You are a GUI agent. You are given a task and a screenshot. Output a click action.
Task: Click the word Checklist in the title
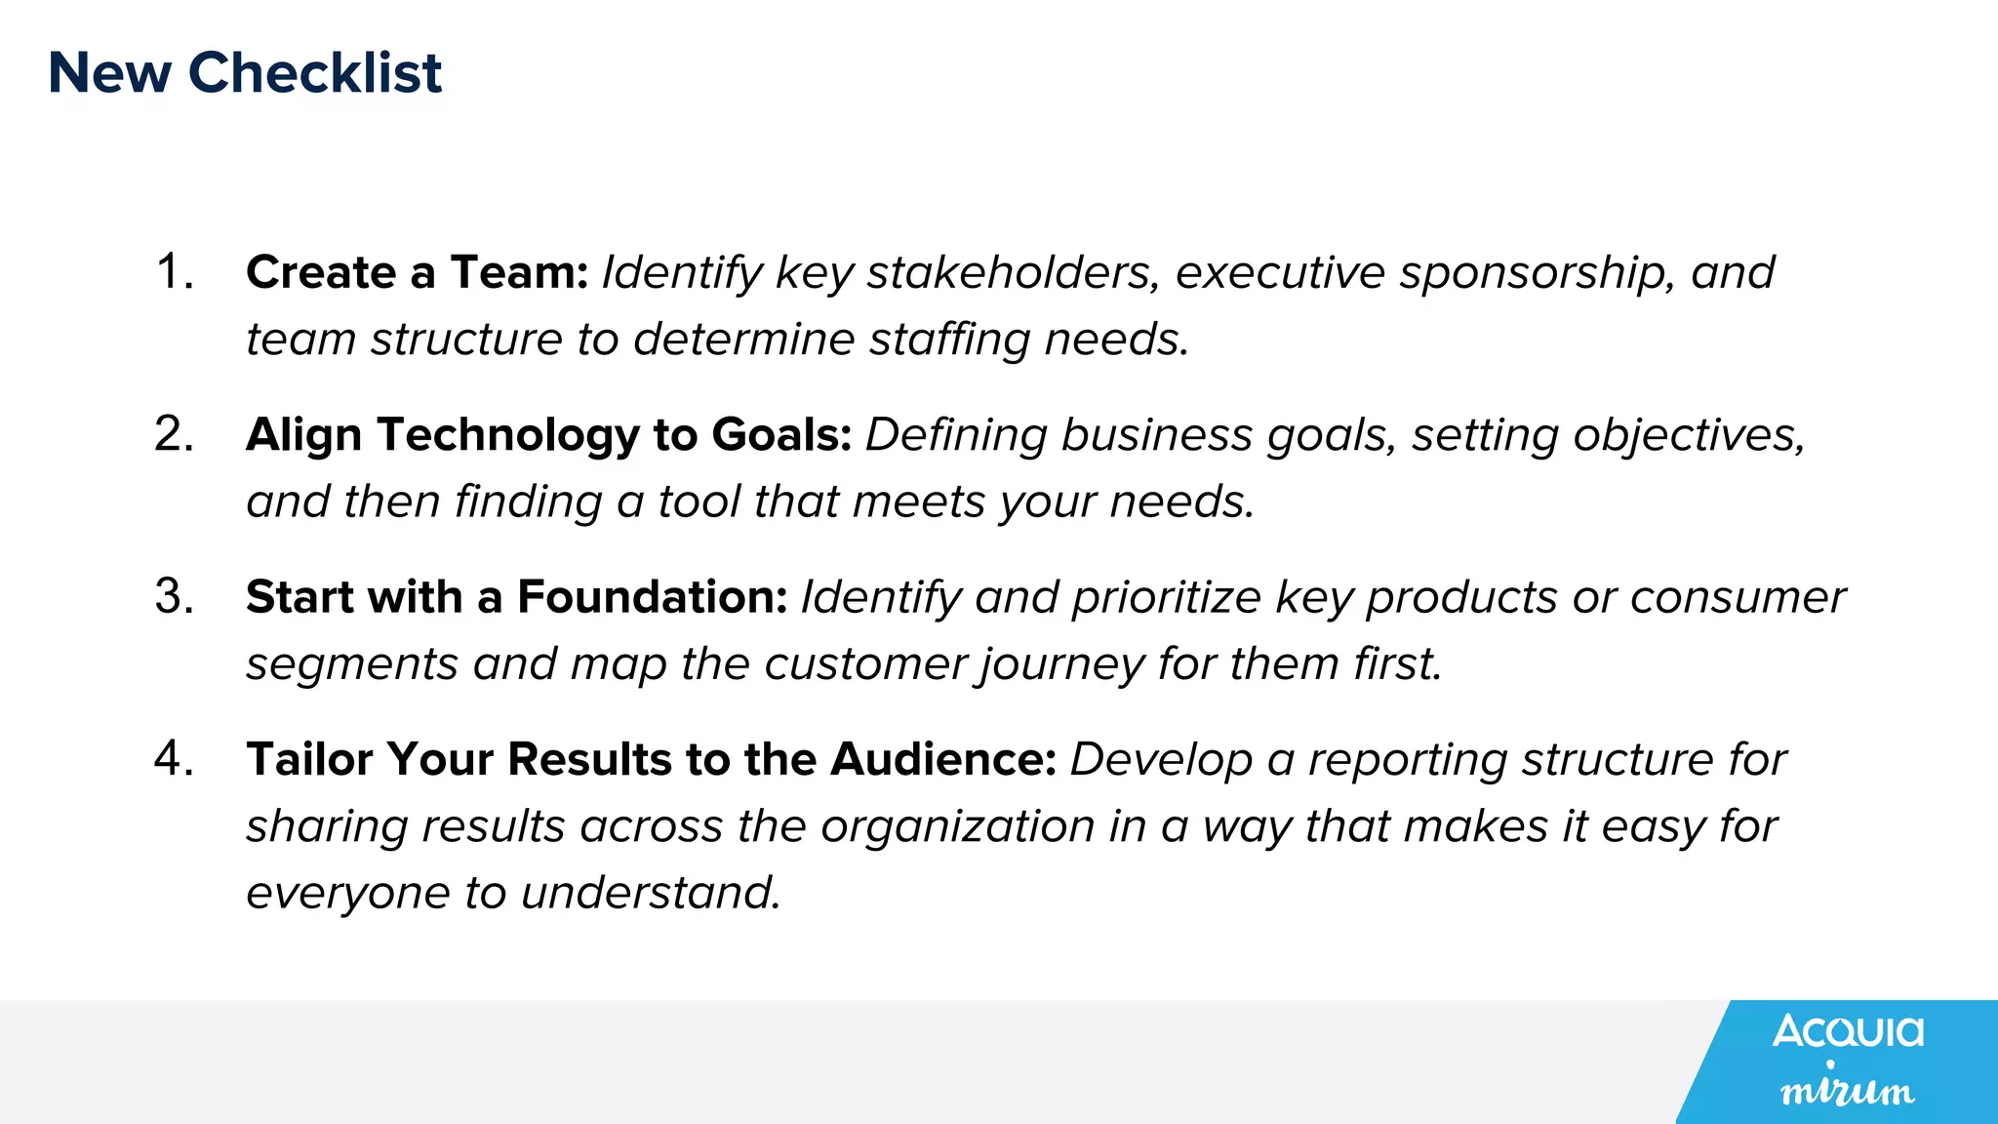[314, 73]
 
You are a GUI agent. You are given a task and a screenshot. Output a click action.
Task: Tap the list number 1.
[173, 271]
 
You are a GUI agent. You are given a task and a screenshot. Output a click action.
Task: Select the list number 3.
[173, 596]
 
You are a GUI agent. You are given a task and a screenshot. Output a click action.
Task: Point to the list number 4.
[173, 759]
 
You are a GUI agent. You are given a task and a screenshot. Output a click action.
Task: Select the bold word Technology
[507, 435]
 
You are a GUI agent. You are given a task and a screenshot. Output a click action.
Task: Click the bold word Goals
[781, 435]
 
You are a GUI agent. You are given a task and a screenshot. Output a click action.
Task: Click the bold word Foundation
[652, 597]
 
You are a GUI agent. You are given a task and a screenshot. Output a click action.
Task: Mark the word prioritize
[1167, 598]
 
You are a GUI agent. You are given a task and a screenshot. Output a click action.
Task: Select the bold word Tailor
[308, 759]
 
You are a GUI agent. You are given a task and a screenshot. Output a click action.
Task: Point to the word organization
[957, 827]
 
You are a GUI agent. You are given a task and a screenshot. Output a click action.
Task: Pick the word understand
[651, 893]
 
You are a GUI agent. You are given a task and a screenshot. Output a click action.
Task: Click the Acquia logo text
[1848, 1031]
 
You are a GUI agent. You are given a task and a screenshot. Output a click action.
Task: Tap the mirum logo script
[1847, 1090]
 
